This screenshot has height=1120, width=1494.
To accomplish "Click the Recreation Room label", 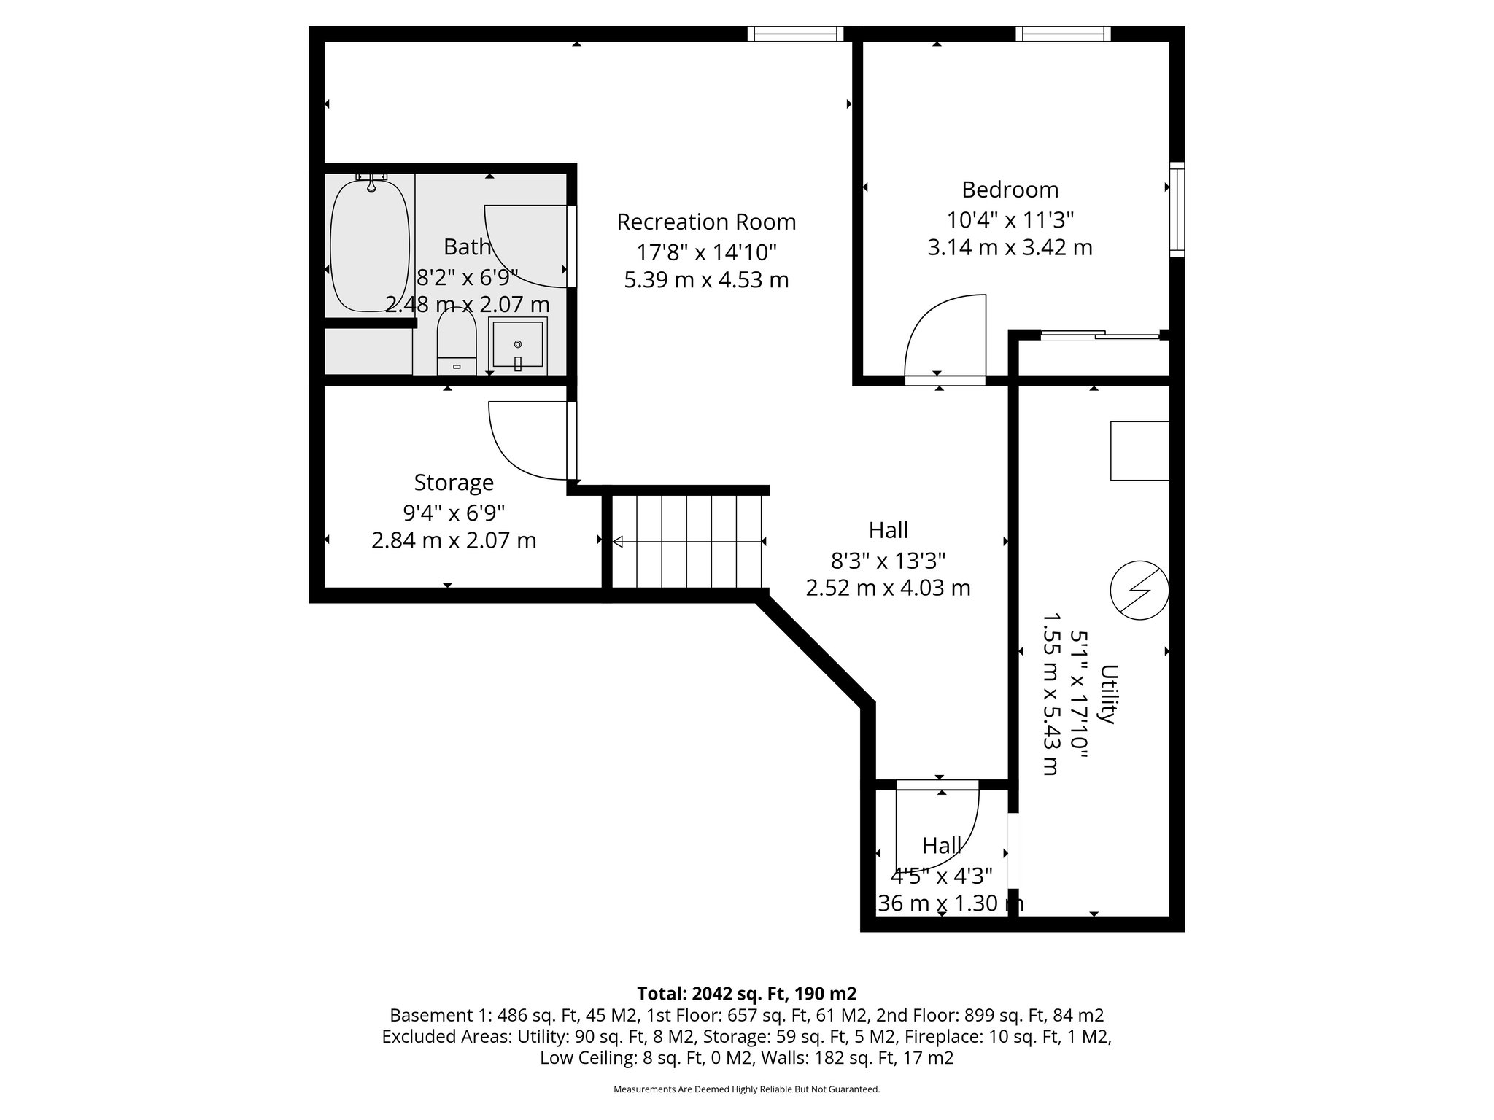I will (706, 222).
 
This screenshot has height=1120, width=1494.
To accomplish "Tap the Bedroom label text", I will (1010, 190).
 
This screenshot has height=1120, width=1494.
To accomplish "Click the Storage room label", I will (454, 483).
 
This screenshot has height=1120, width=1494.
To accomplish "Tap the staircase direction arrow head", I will (617, 541).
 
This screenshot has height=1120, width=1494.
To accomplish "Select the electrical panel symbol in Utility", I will (1139, 590).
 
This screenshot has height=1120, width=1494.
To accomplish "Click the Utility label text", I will (1108, 694).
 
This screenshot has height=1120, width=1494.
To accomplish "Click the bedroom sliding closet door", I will (1100, 335).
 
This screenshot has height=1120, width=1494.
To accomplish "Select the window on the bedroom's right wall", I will (1177, 209).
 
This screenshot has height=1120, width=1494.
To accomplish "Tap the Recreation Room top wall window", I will (794, 34).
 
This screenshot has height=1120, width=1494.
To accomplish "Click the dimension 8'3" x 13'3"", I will (888, 561).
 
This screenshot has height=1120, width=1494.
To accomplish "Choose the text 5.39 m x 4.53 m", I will (706, 280).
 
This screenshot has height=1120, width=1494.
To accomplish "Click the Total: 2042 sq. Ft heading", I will (746, 994).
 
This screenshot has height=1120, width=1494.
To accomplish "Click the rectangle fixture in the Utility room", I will (1139, 451).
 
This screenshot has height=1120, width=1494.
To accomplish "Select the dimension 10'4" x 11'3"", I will (1010, 219).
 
